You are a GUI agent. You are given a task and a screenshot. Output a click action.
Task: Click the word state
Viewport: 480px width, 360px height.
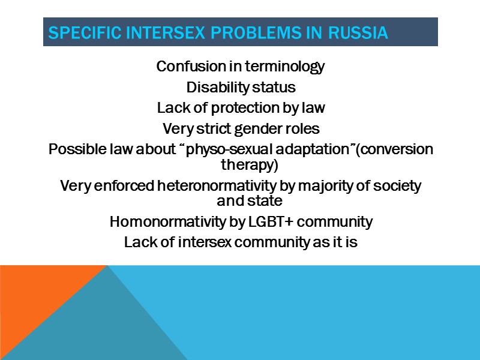tap(267, 200)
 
